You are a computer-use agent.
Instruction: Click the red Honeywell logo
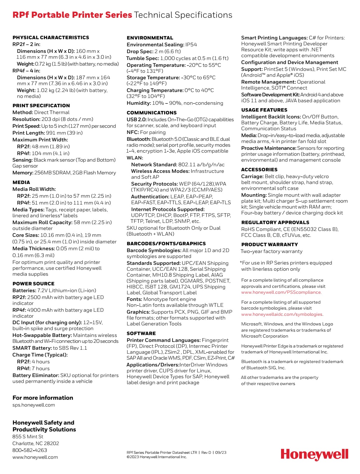point(314,454)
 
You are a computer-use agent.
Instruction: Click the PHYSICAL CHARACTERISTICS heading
point(51,38)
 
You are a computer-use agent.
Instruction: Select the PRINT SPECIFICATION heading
point(41,106)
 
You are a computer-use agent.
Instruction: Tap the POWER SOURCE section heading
point(33,284)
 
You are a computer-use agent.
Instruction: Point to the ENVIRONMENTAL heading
point(150,38)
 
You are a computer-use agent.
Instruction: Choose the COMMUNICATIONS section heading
point(151,113)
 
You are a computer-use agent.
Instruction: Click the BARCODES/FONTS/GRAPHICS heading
point(166,244)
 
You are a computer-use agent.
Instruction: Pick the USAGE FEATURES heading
point(264,110)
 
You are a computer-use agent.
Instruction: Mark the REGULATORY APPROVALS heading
point(275,223)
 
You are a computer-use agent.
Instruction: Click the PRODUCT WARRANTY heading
point(270,245)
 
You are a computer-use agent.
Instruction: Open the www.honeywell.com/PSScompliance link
point(281,292)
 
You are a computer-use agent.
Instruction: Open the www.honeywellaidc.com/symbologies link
point(282,315)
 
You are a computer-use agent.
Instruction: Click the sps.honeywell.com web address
point(34,405)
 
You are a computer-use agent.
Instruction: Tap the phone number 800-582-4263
point(30,450)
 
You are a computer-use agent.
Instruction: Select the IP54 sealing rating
point(191,45)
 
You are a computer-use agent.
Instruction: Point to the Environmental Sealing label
point(155,45)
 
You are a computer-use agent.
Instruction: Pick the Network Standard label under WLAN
point(154,165)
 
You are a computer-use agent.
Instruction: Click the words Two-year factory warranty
point(271,251)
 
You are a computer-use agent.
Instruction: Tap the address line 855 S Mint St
point(28,437)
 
